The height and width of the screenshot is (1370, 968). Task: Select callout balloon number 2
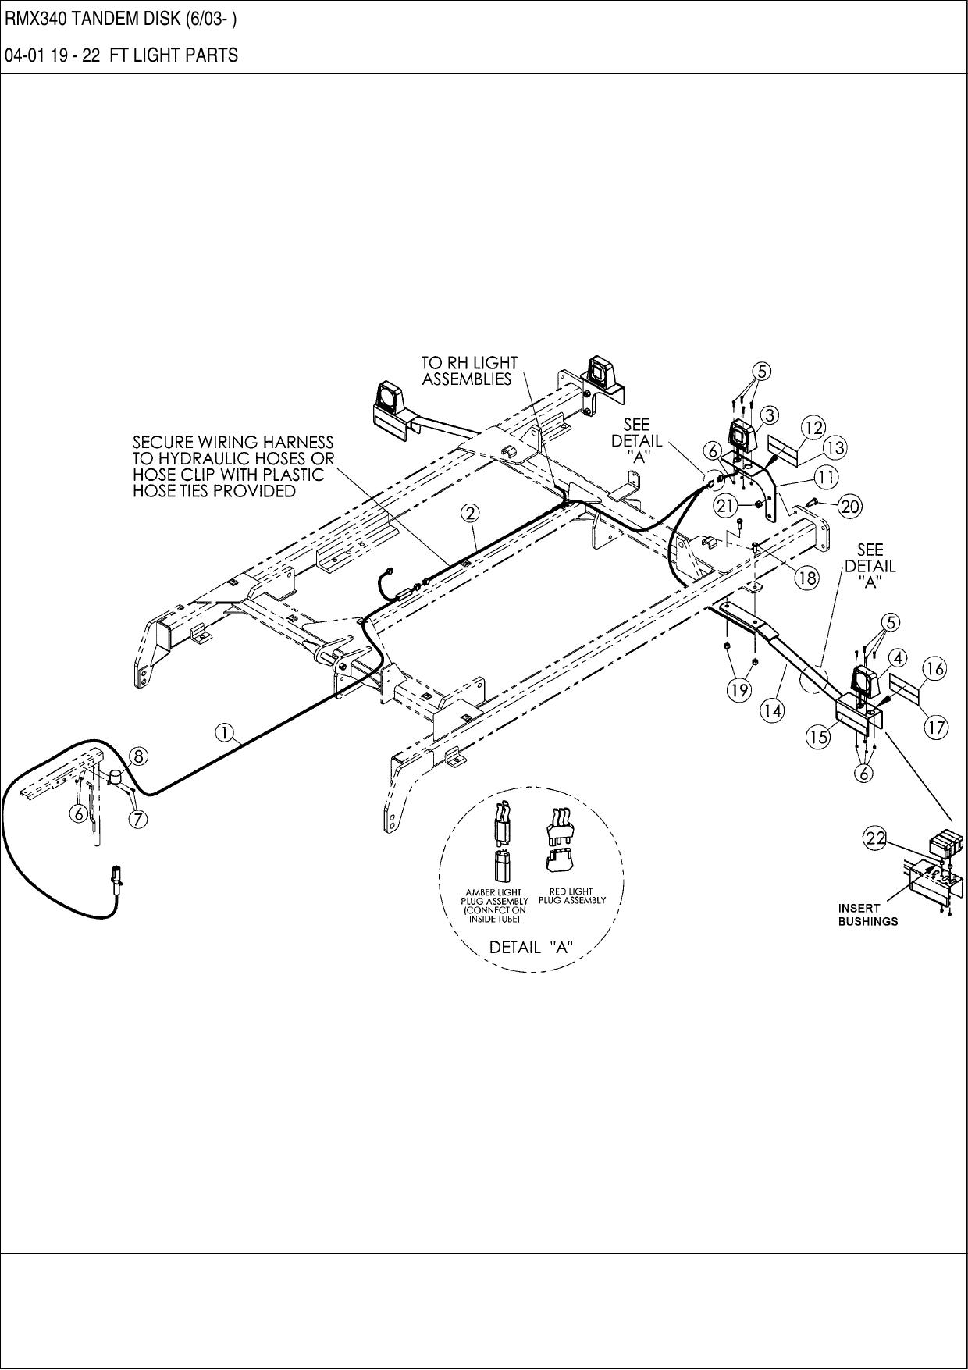[x=470, y=513]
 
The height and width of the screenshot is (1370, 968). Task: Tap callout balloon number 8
[x=137, y=755]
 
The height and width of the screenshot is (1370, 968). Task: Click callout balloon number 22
[x=874, y=838]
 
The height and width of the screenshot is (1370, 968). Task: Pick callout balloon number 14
[x=773, y=710]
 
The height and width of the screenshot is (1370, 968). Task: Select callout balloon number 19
[x=738, y=689]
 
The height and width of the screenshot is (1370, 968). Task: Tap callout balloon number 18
[x=807, y=578]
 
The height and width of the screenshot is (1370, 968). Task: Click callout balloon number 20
[x=849, y=507]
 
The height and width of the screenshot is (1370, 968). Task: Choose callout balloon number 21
[x=726, y=506]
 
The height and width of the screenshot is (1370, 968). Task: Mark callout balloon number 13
[x=835, y=448]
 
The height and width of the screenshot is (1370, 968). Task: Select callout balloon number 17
[x=936, y=728]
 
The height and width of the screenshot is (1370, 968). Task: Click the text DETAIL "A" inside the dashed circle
[x=531, y=947]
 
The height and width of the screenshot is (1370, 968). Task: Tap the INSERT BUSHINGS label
[x=867, y=914]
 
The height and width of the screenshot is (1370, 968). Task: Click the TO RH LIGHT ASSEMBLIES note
[x=468, y=371]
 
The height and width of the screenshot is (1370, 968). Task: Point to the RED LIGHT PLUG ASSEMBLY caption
[x=571, y=895]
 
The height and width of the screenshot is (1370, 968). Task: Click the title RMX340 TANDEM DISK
[x=121, y=19]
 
